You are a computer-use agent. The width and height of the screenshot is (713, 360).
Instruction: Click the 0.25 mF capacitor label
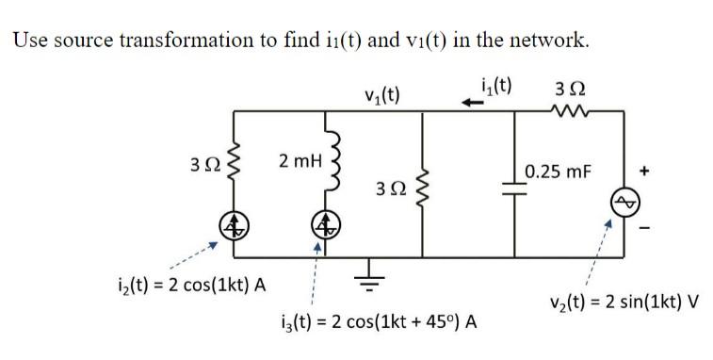point(559,172)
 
